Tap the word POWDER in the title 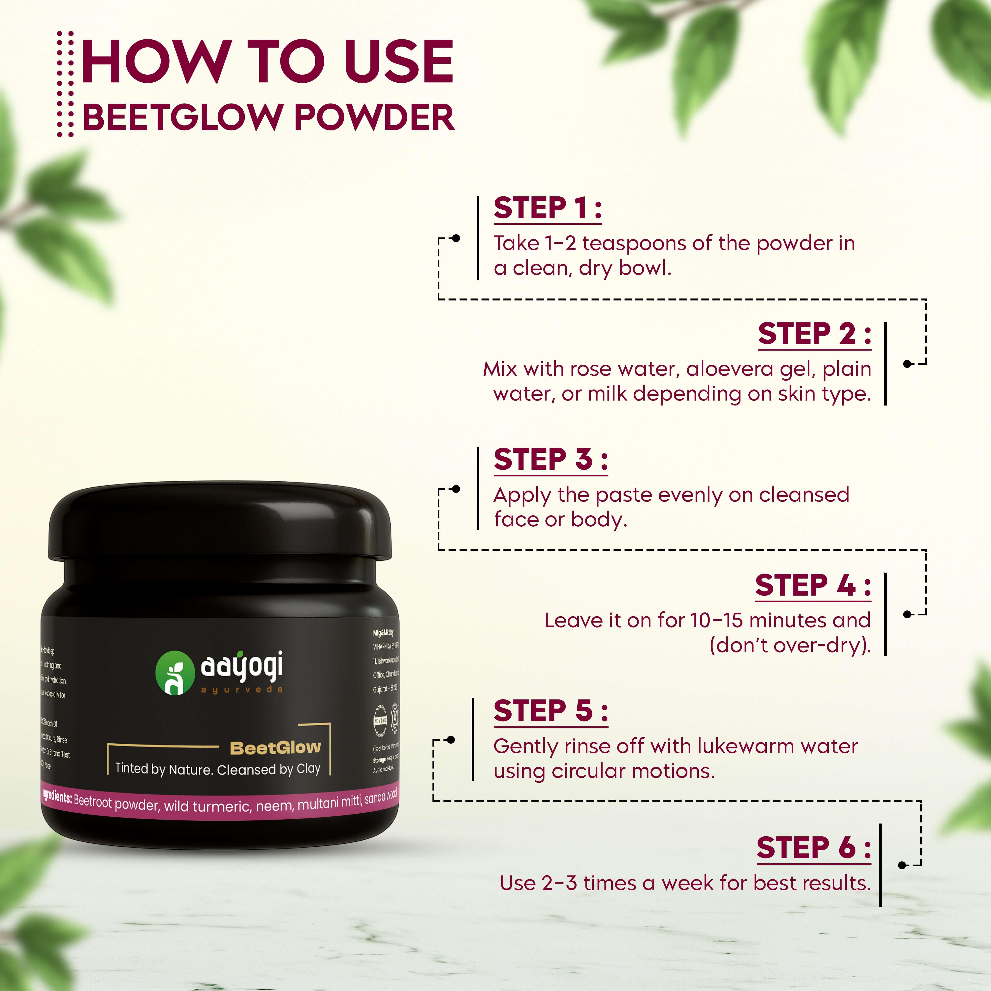coord(374,118)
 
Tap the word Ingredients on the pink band coord(56,797)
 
